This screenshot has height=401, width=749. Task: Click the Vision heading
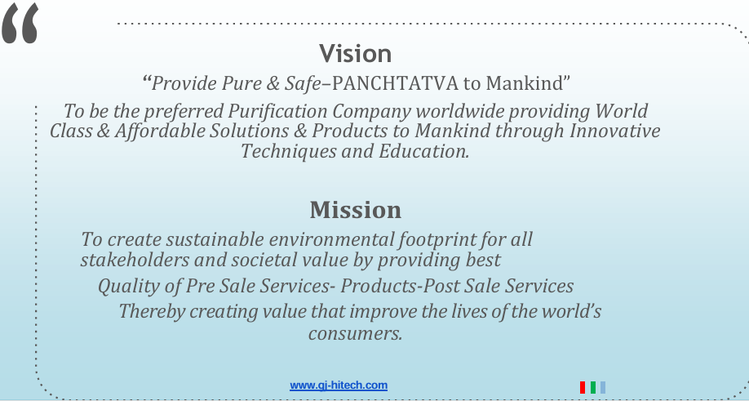[x=356, y=53]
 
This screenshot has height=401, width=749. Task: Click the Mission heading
[x=356, y=210]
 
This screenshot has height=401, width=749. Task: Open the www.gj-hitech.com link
[x=339, y=385]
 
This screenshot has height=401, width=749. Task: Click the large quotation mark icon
[x=20, y=23]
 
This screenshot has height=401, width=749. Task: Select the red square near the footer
[x=583, y=387]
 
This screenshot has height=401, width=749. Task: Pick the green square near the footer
[x=593, y=387]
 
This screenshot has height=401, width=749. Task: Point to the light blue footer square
[x=603, y=387]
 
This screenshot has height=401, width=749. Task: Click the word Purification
[x=277, y=111]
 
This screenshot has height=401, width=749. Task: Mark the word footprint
[x=437, y=240]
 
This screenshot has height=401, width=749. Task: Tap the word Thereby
[x=152, y=312]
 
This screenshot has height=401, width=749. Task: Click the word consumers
[x=356, y=333]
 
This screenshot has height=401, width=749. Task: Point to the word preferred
[x=184, y=112]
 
